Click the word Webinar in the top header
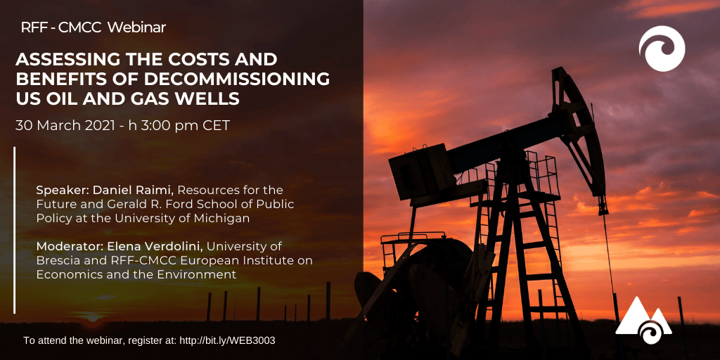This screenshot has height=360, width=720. [x=136, y=27]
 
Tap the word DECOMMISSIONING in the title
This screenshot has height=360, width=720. [x=237, y=79]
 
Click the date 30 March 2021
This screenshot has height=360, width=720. [x=65, y=125]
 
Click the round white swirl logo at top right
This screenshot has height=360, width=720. [x=662, y=49]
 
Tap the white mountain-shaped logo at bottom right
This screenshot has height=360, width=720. [x=643, y=320]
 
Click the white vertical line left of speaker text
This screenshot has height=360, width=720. [x=15, y=230]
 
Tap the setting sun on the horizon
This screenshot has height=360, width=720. [x=93, y=318]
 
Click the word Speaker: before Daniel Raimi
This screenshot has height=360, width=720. [x=63, y=190]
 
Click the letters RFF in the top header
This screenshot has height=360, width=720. [x=32, y=27]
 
